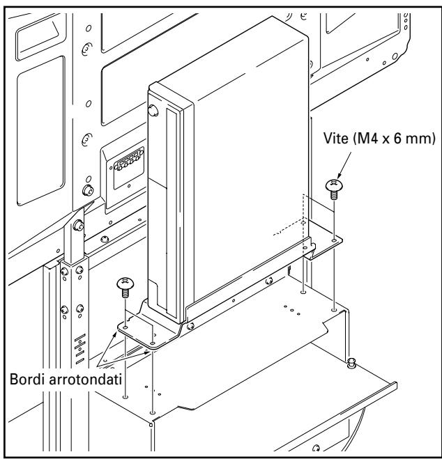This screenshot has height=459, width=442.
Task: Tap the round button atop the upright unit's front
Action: [153, 109]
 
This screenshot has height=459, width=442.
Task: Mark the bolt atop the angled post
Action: [81, 226]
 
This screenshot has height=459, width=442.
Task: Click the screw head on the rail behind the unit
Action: [269, 282]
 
